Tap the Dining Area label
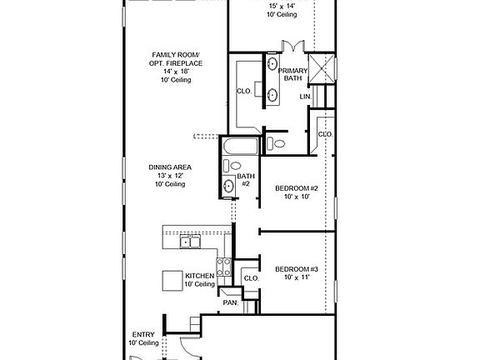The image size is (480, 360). pos(170,167)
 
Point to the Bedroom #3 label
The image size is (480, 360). pos(297,269)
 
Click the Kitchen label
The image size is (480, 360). pos(200,276)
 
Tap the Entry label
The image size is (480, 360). pos(143,335)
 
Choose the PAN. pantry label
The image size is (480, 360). pos(231,302)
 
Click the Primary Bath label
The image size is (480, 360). pos(292,74)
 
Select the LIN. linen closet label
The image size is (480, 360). pos(306,97)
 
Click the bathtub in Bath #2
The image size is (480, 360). pos(241,147)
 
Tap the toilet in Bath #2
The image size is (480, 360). pos(232,166)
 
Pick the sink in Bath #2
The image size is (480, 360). pos(228,186)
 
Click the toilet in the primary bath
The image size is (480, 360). pos(276,143)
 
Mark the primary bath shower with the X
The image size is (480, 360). pos(321,69)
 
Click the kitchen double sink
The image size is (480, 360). pos(190,242)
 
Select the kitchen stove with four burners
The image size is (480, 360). pos(224,267)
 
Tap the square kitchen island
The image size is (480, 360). pos(172,281)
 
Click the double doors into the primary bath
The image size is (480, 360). pos(293,46)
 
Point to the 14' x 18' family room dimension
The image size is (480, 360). pos(176,72)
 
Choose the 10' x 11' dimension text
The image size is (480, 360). pos(297,277)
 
